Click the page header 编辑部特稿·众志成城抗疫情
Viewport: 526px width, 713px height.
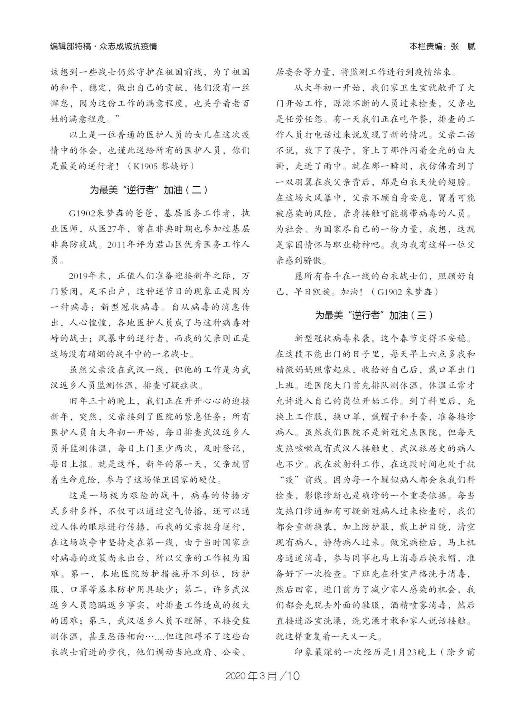[x=103, y=47]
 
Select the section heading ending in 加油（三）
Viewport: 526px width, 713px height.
[x=375, y=315]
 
